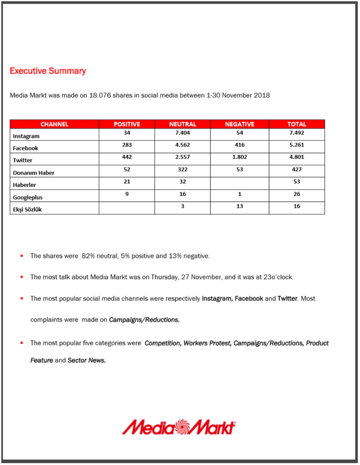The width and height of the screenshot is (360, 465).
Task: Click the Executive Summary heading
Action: [48, 71]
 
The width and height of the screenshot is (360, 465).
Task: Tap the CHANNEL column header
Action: [54, 124]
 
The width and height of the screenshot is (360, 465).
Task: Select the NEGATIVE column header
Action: [240, 124]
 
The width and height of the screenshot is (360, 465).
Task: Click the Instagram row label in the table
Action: [26, 136]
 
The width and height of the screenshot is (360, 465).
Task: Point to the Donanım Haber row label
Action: [33, 173]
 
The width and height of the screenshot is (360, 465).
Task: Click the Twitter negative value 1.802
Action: [240, 157]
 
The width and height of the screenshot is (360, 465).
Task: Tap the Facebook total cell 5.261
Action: [296, 145]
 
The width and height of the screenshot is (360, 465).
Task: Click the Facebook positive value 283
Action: [127, 145]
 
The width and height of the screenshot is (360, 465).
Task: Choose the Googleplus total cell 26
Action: [296, 194]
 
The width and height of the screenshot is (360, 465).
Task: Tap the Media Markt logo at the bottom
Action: [179, 427]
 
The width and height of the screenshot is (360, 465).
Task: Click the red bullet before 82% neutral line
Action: [22, 256]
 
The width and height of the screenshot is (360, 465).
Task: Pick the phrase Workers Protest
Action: [207, 343]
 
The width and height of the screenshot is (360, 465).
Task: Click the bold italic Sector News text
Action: [87, 360]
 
